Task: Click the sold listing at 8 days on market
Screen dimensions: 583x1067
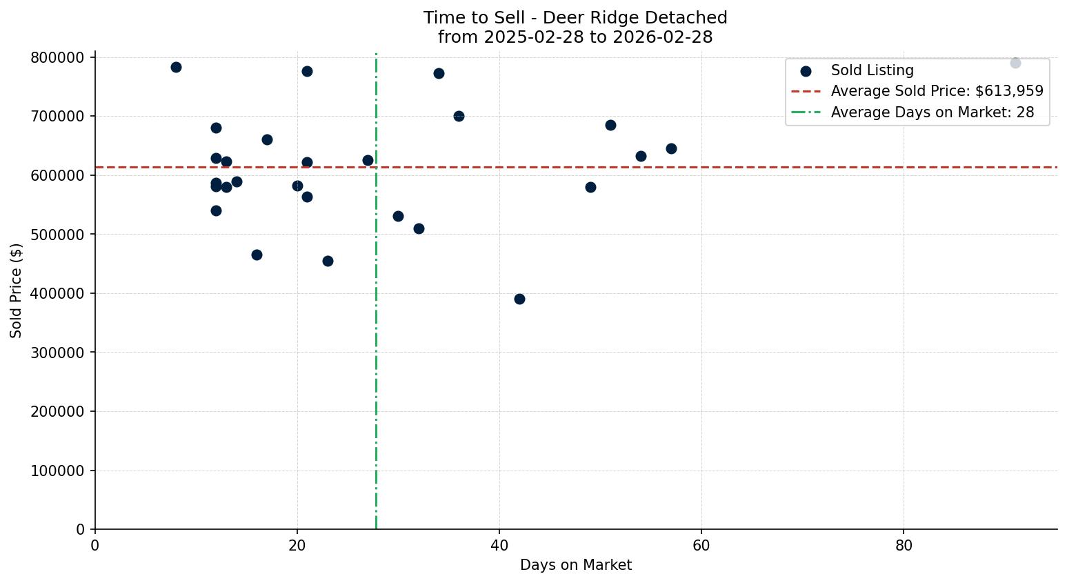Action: click(176, 67)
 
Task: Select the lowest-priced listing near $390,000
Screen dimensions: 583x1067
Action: click(519, 299)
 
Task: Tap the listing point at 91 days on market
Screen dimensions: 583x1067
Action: click(1015, 63)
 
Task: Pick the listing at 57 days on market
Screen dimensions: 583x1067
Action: click(671, 148)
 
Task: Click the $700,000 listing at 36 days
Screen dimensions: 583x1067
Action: click(459, 116)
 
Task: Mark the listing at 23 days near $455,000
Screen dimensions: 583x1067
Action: click(328, 261)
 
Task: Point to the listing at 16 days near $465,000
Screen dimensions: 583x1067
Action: click(257, 255)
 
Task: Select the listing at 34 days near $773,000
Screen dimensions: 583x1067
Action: click(439, 73)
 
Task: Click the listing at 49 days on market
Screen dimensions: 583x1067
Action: click(590, 187)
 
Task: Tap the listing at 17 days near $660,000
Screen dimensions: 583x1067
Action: click(267, 139)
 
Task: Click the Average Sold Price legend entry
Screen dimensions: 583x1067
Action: click(937, 91)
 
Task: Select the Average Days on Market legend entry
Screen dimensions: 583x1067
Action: click(932, 112)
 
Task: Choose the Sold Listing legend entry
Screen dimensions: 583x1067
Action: click(872, 70)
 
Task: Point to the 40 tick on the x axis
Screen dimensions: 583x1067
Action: click(499, 546)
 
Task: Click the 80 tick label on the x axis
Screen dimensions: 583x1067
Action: click(904, 546)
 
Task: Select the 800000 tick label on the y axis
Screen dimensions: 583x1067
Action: click(57, 57)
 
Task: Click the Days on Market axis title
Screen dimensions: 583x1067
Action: click(576, 566)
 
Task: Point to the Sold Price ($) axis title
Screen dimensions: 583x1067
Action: click(16, 290)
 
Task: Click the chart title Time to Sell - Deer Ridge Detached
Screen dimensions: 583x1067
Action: click(575, 18)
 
